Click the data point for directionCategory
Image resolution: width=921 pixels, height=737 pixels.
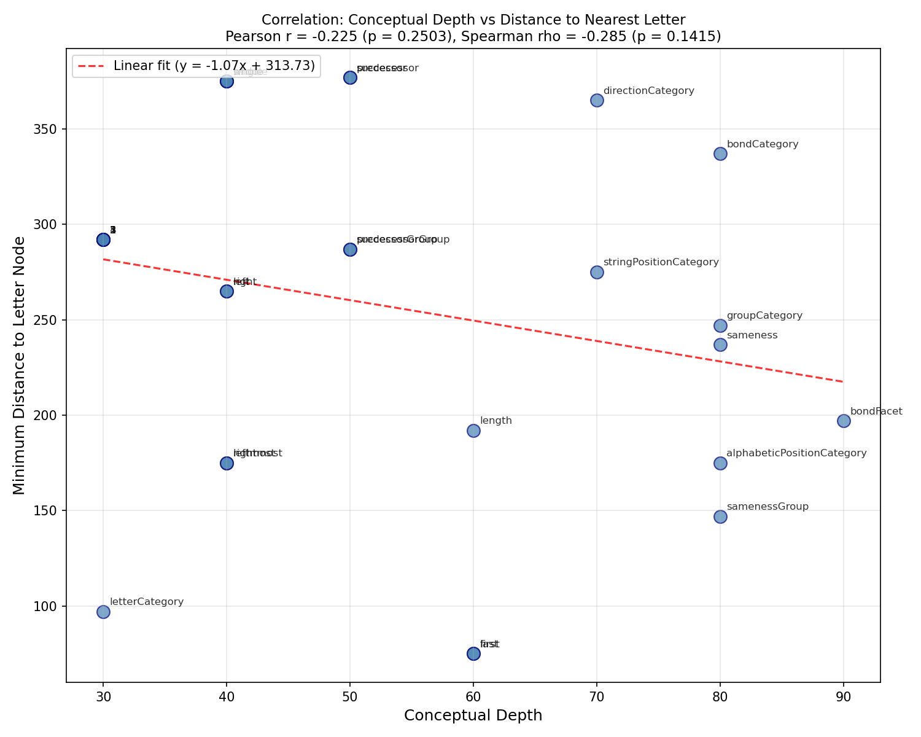(x=597, y=100)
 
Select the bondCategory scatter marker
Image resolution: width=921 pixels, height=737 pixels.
(x=720, y=154)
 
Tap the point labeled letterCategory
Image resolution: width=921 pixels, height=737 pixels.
(x=103, y=612)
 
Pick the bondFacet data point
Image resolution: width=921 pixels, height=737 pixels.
(x=844, y=421)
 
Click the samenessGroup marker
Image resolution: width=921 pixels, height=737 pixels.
(x=720, y=517)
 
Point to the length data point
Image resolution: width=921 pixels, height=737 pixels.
(x=473, y=431)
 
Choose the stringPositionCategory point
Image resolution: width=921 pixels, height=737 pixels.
(x=597, y=272)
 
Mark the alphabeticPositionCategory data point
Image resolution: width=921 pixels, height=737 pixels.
(x=720, y=463)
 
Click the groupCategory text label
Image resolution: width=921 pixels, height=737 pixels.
(x=764, y=316)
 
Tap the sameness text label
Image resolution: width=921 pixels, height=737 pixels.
(x=752, y=335)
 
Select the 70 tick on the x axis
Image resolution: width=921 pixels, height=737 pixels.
(x=597, y=696)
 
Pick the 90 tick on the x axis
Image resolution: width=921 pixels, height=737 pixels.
(x=844, y=696)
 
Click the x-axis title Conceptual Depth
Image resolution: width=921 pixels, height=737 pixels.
(x=473, y=716)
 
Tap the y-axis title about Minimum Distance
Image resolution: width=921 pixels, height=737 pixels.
(x=20, y=365)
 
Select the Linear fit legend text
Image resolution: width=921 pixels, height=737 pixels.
(x=214, y=66)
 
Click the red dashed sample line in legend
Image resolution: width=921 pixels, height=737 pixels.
(x=93, y=66)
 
